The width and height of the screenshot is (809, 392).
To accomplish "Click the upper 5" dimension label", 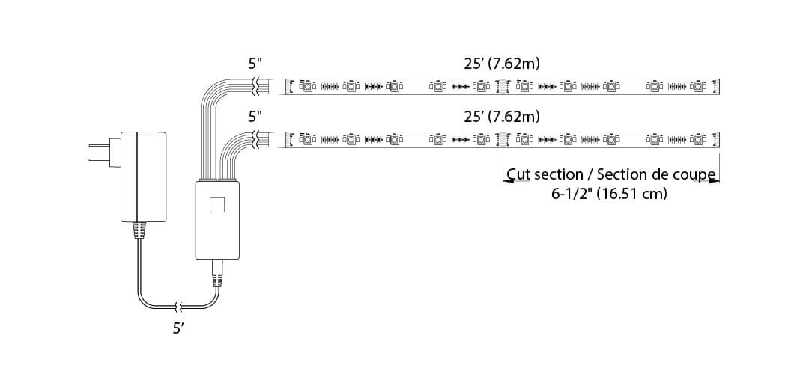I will coord(255,64).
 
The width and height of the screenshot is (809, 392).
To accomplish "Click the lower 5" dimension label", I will coord(255,117).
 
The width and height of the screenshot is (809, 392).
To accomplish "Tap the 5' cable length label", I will coord(178,328).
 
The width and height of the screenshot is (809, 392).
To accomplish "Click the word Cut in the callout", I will coord(520,174).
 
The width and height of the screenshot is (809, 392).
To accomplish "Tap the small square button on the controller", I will coord(217,204).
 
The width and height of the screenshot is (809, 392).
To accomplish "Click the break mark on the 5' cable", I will coord(178,306).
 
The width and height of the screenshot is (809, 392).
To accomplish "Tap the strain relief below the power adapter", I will coord(139,230).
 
